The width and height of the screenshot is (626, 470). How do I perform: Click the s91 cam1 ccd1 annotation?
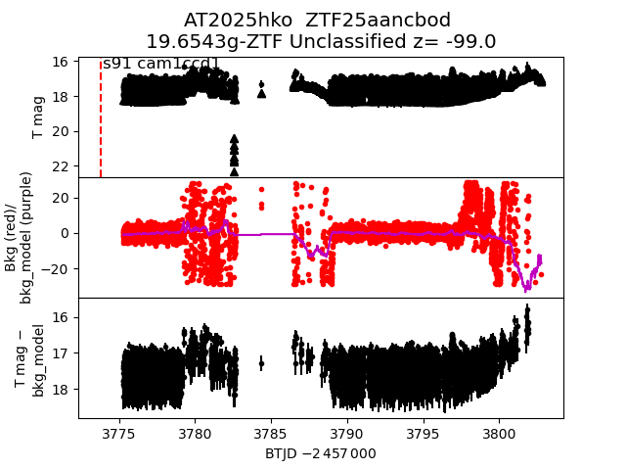coord(160,65)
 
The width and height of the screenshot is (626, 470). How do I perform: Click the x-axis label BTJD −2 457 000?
coord(320,454)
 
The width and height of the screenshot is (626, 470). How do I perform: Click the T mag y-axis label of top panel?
coord(39,117)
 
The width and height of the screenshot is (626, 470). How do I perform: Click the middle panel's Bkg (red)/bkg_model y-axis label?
coord(26,237)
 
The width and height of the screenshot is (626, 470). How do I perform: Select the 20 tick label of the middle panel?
coord(59,198)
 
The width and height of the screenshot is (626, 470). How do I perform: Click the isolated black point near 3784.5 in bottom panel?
coord(261,363)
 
